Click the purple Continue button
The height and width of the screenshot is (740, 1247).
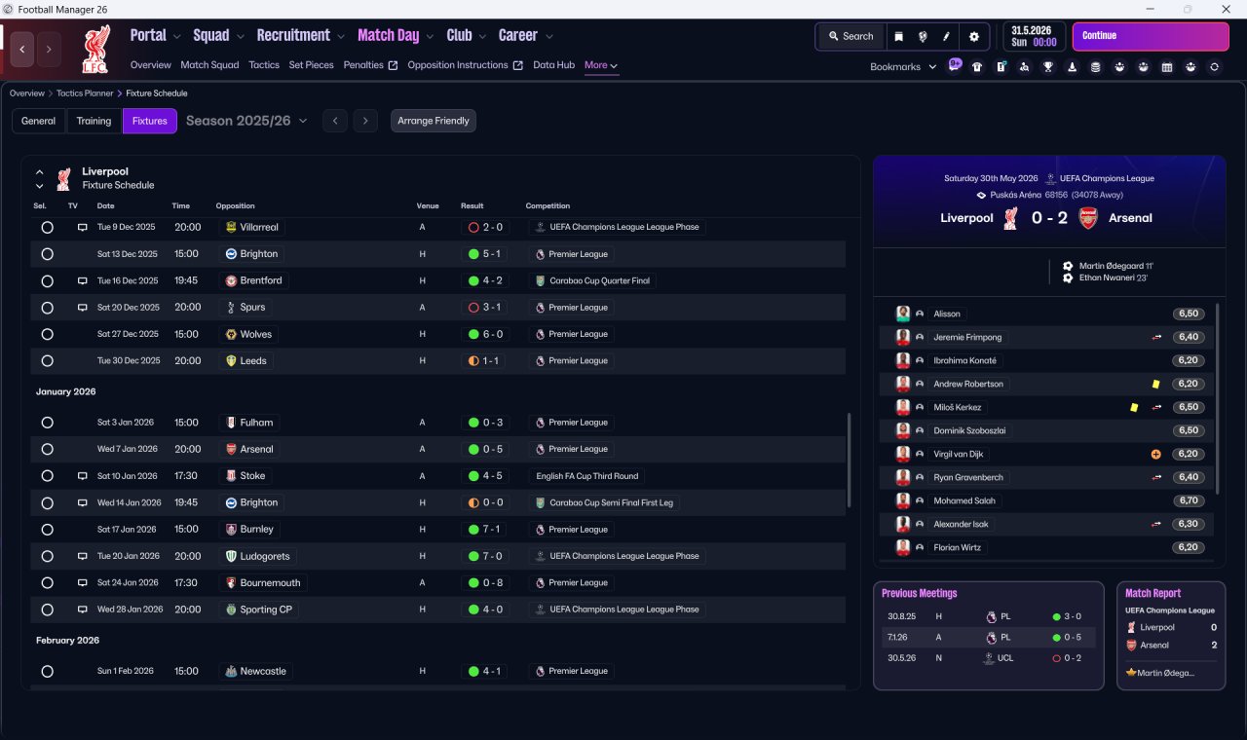tap(1151, 36)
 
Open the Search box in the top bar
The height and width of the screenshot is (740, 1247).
tap(851, 36)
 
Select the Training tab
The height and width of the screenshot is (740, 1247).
tap(94, 121)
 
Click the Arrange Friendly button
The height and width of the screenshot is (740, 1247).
tap(434, 121)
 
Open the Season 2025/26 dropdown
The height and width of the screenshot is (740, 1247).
tap(246, 121)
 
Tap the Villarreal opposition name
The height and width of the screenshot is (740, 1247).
tap(259, 227)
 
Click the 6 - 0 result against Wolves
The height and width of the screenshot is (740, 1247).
tap(493, 334)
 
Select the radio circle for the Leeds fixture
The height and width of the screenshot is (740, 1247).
tap(48, 361)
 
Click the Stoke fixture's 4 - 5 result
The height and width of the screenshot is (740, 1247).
tap(493, 476)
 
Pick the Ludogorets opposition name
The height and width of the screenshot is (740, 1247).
tap(265, 556)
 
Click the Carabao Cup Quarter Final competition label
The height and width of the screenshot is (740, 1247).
tap(599, 280)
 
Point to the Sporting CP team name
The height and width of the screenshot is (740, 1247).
tap(266, 610)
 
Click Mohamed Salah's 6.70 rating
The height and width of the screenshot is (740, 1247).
tap(1189, 500)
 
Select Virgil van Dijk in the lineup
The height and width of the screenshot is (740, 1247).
tap(958, 454)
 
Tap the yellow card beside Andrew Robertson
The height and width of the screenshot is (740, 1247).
tap(1156, 384)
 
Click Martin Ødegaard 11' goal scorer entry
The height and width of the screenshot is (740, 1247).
tap(1115, 266)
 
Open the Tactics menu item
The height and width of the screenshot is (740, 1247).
tap(264, 65)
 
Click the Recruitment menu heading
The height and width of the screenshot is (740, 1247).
tap(293, 36)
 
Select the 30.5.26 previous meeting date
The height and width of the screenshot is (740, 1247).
tap(902, 657)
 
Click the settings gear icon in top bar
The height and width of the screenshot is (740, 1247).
tap(973, 36)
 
